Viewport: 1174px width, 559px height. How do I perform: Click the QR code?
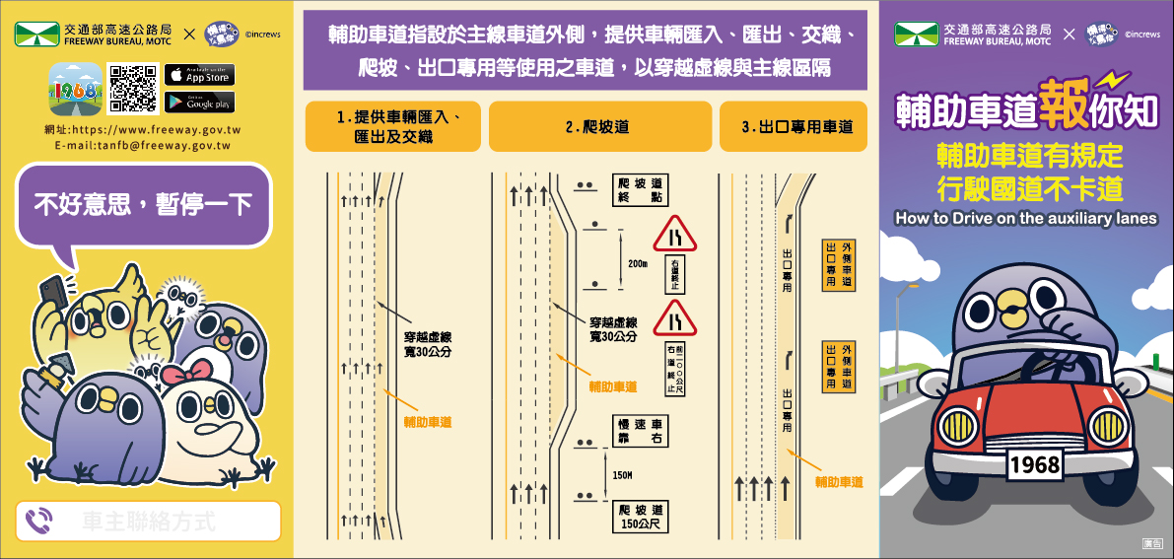[132, 89]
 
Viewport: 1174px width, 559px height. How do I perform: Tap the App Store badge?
[200, 75]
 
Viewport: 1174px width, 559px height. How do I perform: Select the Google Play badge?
[200, 101]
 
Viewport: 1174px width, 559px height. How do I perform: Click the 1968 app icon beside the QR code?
[76, 89]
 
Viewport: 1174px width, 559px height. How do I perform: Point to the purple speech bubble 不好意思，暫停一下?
[144, 205]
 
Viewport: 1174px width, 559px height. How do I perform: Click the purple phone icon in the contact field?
[39, 521]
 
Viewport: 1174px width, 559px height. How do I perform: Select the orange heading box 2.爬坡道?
[599, 126]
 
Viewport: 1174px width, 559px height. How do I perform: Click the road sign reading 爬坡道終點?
[639, 189]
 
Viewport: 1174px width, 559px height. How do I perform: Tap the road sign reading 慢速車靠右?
[639, 431]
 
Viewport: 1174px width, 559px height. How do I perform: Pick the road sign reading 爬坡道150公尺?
[639, 516]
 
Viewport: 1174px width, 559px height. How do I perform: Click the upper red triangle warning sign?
[675, 234]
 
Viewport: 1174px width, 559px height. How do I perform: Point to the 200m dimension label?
[637, 264]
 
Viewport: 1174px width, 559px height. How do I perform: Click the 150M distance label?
[622, 475]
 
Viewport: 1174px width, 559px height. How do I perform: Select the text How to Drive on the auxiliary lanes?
[1025, 219]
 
